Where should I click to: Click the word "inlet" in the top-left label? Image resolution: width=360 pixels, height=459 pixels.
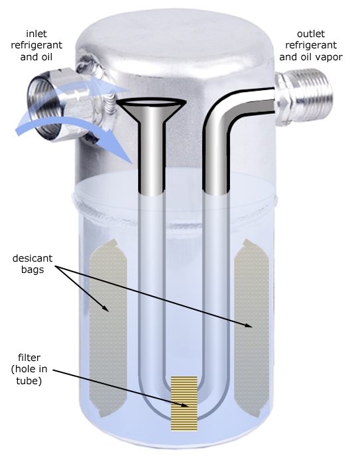click(36, 34)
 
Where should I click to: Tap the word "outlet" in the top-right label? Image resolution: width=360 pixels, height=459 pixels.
click(311, 34)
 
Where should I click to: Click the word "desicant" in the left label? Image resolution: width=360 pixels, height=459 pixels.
click(32, 258)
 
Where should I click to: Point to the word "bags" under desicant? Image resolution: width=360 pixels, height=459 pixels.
click(32, 270)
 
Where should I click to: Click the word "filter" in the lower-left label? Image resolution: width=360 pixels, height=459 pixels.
click(29, 358)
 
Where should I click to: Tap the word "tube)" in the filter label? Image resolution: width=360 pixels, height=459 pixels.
click(29, 381)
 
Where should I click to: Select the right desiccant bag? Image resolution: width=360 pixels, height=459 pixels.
click(252, 328)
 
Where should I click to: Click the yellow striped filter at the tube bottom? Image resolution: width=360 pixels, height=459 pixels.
click(184, 403)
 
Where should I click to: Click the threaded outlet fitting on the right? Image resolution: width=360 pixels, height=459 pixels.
click(304, 97)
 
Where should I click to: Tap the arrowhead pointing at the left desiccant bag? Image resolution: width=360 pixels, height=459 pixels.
click(105, 308)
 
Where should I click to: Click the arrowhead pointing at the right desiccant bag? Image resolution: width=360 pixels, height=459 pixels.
click(249, 325)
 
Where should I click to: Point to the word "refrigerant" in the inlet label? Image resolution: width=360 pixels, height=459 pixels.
click(36, 46)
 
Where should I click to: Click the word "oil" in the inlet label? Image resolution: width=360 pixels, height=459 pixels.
click(46, 57)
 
